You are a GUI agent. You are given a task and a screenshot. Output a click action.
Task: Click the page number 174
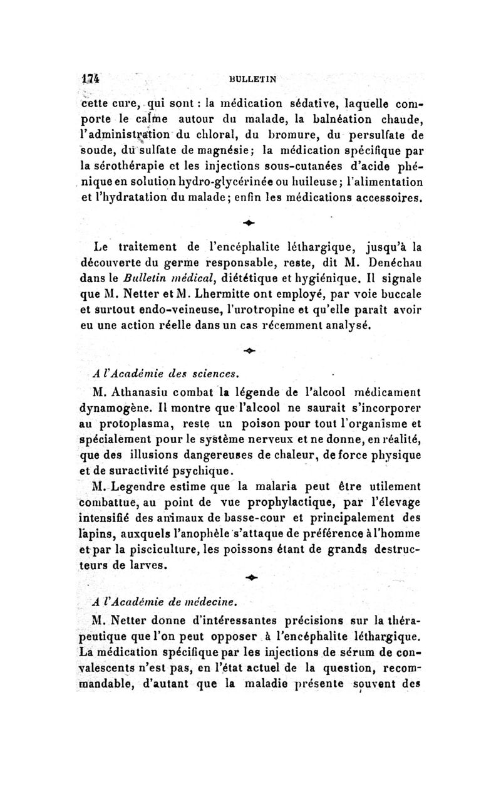click(91, 79)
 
